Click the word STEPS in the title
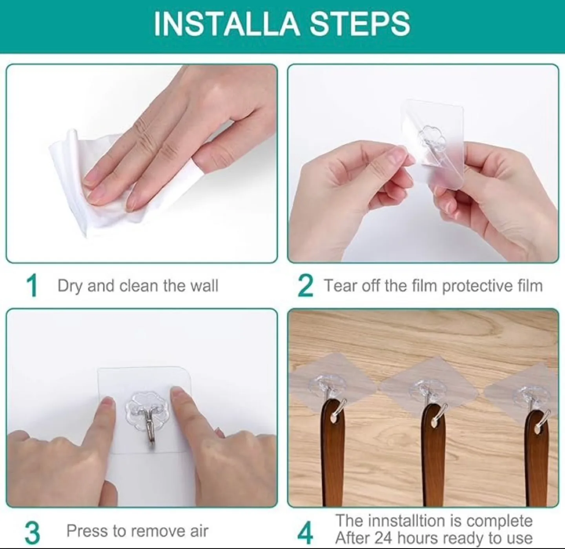[360, 24]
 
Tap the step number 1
[32, 286]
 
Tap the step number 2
[306, 286]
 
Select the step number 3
[32, 532]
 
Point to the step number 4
[306, 532]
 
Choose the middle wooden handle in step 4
[434, 455]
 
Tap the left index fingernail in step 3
[105, 404]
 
